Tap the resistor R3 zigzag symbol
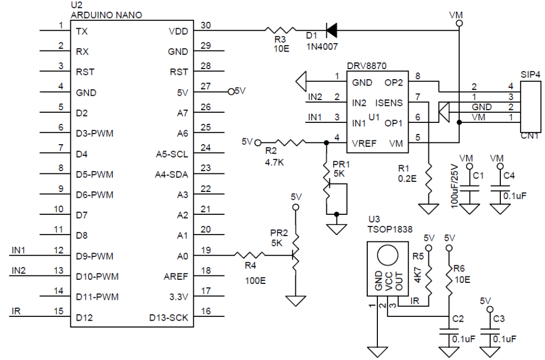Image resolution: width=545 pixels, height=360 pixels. coord(280,30)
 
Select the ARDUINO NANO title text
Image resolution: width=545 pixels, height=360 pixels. coord(106,15)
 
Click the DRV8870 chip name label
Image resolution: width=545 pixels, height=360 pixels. coord(367,65)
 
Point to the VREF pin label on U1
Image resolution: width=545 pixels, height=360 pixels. coord(364,144)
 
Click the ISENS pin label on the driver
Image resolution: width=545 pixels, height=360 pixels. coord(389,103)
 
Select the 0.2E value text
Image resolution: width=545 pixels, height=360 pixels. coord(407,179)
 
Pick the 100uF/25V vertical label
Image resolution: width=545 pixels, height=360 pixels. coord(455,186)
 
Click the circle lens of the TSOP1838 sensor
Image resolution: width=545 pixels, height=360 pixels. coord(387,255)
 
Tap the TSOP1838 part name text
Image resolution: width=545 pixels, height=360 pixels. coord(390,229)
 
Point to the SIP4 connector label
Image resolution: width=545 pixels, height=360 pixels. coord(531,74)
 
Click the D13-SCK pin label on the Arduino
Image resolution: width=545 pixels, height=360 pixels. coord(169,317)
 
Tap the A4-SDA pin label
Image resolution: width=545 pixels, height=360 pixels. coord(171,174)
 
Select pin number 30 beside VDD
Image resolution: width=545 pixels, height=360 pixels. coord(206,26)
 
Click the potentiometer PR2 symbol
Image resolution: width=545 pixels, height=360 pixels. coord(295,255)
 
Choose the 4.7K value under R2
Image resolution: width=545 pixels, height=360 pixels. coord(274,162)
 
